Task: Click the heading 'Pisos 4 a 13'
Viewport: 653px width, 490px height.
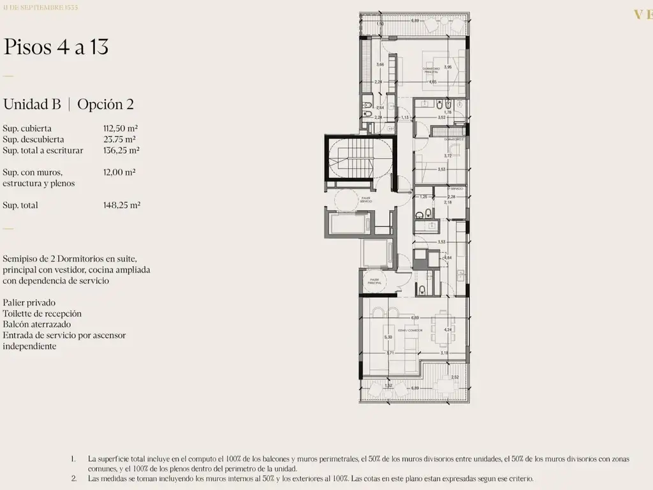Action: tap(57, 47)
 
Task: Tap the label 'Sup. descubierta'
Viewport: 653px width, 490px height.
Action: tap(33, 139)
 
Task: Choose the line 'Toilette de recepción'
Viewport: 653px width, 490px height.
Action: tap(42, 314)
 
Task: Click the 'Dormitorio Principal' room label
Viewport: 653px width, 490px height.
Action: tap(431, 70)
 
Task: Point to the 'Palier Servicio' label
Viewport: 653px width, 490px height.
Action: tap(347, 200)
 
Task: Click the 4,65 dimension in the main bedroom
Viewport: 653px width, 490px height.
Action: tap(433, 82)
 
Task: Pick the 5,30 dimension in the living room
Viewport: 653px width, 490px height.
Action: tap(387, 338)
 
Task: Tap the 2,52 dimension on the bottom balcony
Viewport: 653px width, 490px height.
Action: tap(455, 377)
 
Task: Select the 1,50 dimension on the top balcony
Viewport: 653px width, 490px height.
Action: tap(380, 24)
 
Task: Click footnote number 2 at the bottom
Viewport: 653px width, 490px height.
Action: tap(73, 479)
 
